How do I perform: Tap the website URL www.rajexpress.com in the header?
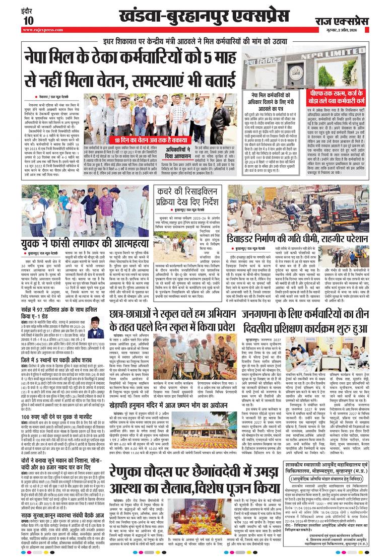point(42,29)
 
